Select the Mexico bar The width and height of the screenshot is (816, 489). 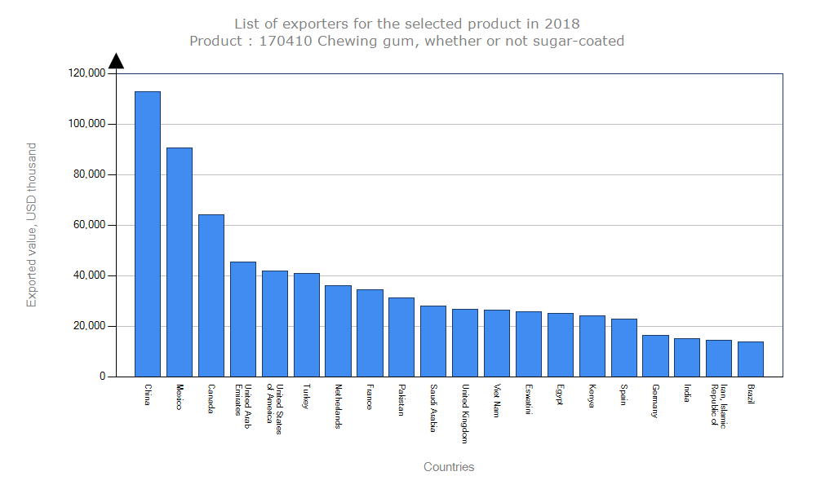(180, 262)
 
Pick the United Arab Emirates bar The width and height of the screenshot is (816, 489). (243, 319)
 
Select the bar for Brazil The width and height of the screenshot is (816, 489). (751, 359)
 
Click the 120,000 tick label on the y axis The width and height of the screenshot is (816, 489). (87, 73)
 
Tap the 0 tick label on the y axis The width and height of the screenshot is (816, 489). (103, 377)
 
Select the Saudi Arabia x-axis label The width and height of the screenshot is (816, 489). (433, 407)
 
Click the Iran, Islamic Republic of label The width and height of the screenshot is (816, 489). (718, 406)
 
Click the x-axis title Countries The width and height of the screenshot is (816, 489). (449, 467)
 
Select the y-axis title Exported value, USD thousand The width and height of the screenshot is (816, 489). (32, 225)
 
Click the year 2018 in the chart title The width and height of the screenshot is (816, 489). (563, 24)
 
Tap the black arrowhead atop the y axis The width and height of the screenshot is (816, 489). (116, 61)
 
